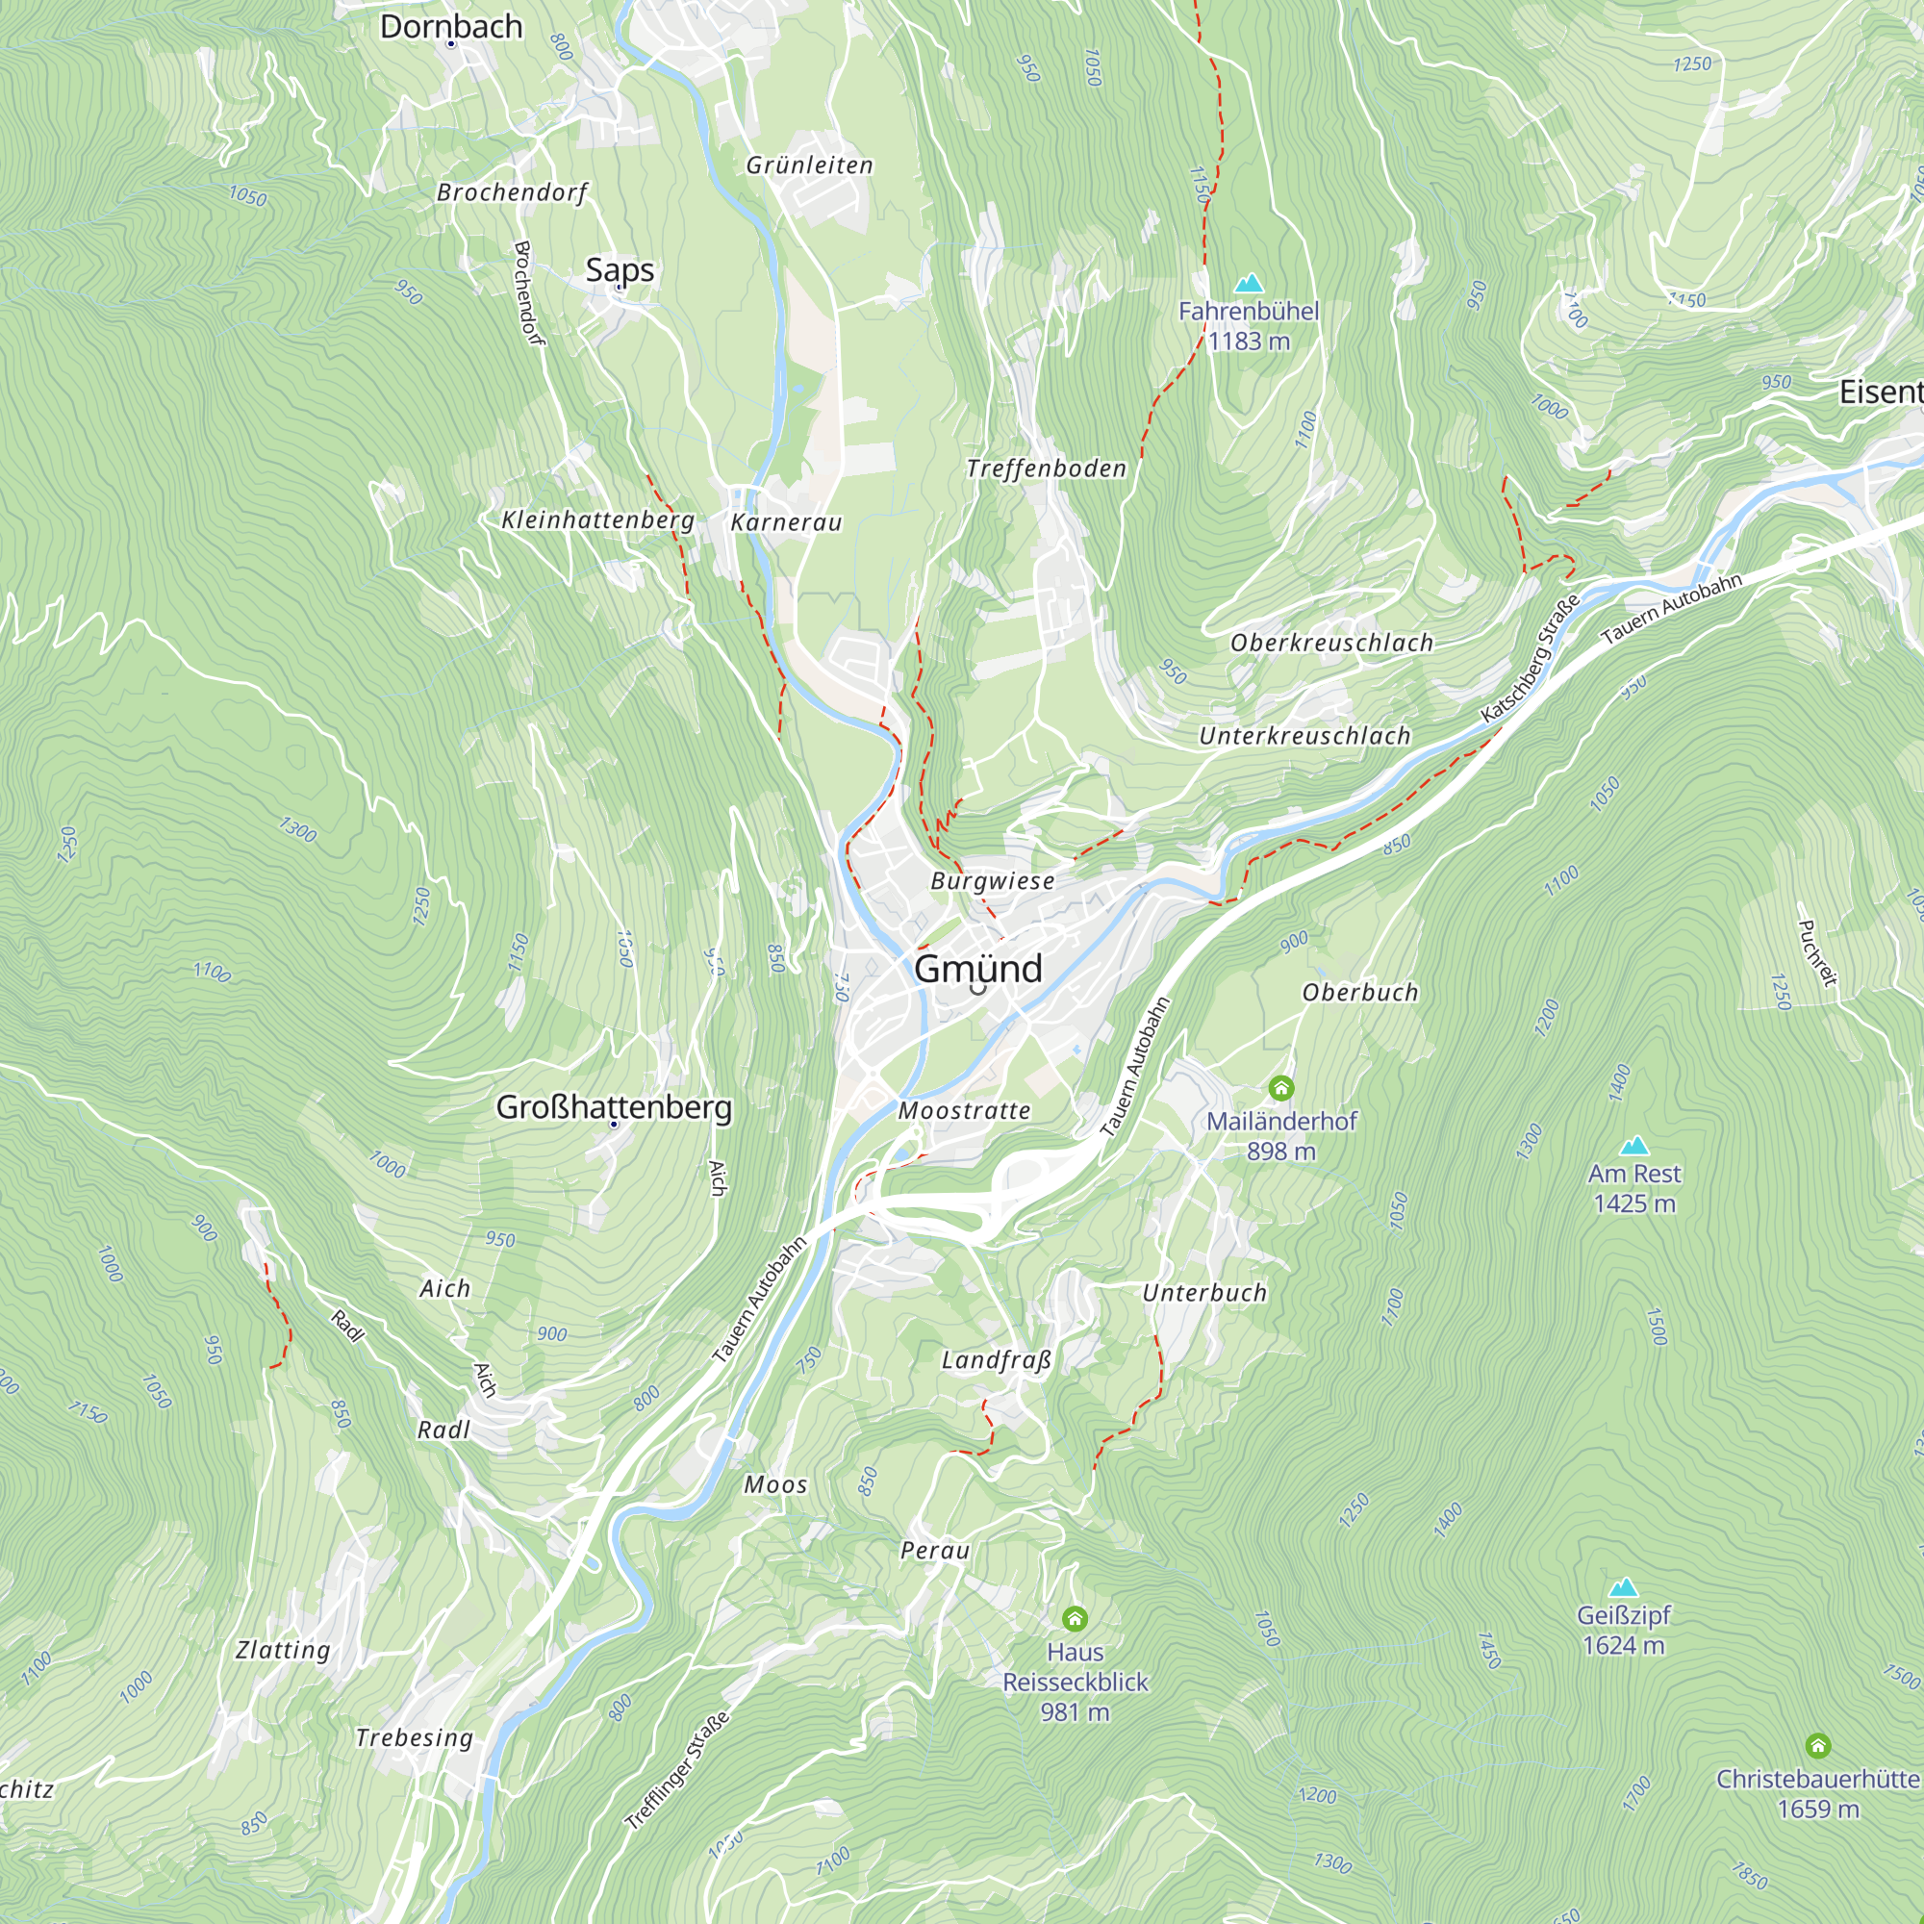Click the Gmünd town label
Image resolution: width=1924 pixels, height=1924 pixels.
(977, 969)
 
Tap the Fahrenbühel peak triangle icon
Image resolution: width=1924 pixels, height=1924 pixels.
(1248, 284)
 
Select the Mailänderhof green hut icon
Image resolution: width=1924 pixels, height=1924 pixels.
(1280, 1088)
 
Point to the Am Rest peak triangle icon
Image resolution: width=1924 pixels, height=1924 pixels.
(1633, 1147)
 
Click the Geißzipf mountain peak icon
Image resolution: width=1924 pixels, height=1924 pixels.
(1623, 1587)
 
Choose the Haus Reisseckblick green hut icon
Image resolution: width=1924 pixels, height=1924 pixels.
(1074, 1618)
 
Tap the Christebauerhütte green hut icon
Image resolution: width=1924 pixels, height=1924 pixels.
(1817, 1746)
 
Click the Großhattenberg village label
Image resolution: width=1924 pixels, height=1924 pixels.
(614, 1106)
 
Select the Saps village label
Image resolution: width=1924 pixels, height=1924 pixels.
(620, 269)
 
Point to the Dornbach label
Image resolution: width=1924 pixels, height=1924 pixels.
(451, 26)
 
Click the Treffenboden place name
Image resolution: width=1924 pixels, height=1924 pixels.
(1046, 468)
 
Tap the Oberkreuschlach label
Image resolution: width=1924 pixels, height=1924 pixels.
(1331, 643)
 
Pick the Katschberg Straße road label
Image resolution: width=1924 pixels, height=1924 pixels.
(1530, 659)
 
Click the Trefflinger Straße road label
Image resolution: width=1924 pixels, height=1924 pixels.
(677, 1770)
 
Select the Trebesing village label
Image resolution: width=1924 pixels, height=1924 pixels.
(415, 1737)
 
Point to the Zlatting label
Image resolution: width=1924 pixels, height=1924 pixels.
(283, 1650)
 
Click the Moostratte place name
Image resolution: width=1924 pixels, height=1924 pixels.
(964, 1110)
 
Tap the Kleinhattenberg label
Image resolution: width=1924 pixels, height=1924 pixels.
(597, 519)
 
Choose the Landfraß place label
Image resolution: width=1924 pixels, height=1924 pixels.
(996, 1360)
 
